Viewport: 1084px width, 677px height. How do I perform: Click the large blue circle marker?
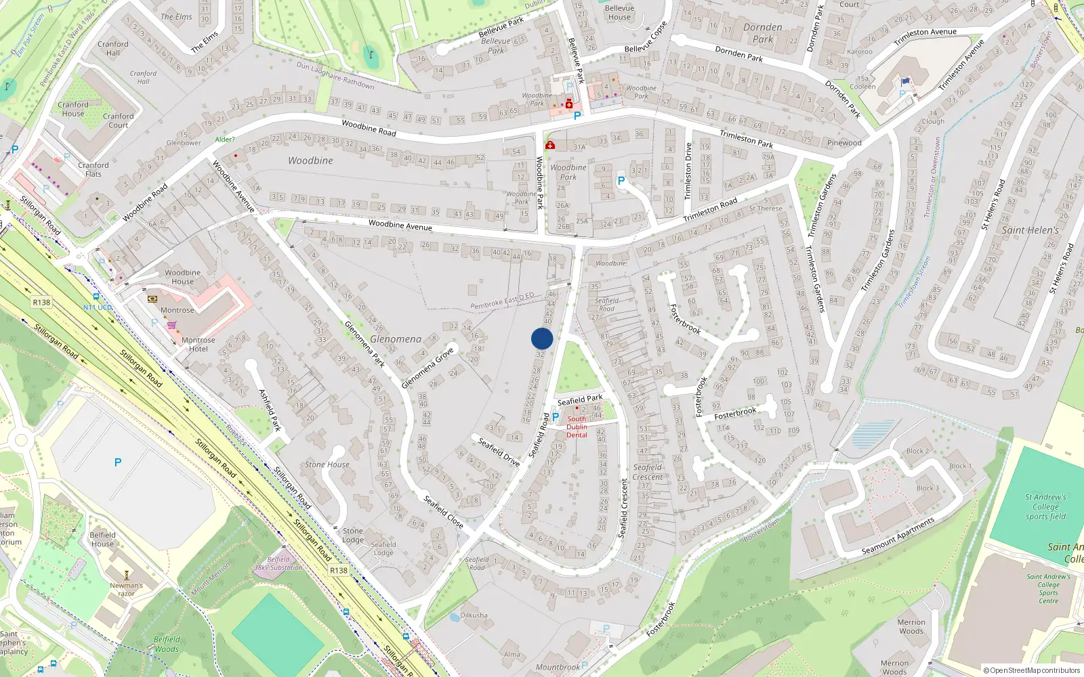[x=542, y=338]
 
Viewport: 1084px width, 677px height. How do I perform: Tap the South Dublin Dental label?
[x=577, y=427]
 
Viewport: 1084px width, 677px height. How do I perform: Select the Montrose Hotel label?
[x=198, y=345]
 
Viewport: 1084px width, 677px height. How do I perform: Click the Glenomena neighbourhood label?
[x=396, y=339]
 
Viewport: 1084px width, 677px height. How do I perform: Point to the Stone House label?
[x=327, y=464]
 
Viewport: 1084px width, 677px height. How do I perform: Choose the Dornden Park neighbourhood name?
[x=763, y=33]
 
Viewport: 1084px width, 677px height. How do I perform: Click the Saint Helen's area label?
[x=1030, y=230]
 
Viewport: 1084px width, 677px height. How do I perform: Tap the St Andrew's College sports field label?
[x=1045, y=506]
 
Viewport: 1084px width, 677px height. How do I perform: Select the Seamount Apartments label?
[x=898, y=536]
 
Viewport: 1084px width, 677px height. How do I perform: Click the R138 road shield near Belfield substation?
[x=339, y=571]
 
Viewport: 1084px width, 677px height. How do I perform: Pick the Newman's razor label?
[x=126, y=589]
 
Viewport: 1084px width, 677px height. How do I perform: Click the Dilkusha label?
[x=474, y=615]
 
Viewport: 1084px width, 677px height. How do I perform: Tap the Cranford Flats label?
[x=93, y=169]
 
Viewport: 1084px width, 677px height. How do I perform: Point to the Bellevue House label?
[x=619, y=13]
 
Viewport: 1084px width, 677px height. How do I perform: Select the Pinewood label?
[x=844, y=143]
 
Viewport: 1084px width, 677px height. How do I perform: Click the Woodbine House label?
[x=182, y=277]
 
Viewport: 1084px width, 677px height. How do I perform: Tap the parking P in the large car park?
[x=118, y=462]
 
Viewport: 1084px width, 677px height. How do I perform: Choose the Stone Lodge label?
[x=352, y=536]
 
